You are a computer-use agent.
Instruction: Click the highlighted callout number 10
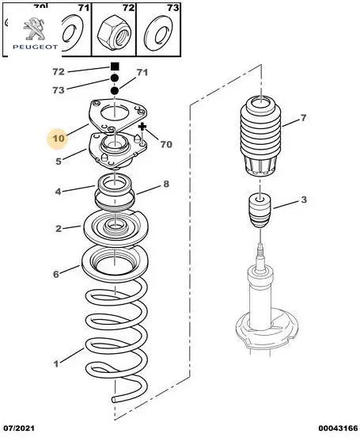tap(59, 139)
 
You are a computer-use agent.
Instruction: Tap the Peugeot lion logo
tap(34, 29)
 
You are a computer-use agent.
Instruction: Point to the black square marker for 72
tap(115, 67)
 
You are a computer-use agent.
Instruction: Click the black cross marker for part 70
tap(142, 127)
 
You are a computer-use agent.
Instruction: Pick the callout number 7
tap(303, 117)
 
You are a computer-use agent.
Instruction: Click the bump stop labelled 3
tap(260, 211)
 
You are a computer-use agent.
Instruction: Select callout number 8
tap(166, 184)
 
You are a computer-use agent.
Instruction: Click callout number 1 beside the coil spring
tap(56, 363)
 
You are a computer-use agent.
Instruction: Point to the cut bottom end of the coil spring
tap(114, 399)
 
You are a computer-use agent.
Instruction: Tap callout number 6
tap(56, 274)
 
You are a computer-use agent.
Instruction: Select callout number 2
tap(59, 229)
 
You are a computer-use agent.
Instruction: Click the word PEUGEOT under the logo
tap(35, 47)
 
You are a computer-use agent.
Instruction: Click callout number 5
tap(59, 162)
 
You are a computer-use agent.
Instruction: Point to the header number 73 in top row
tap(172, 8)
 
